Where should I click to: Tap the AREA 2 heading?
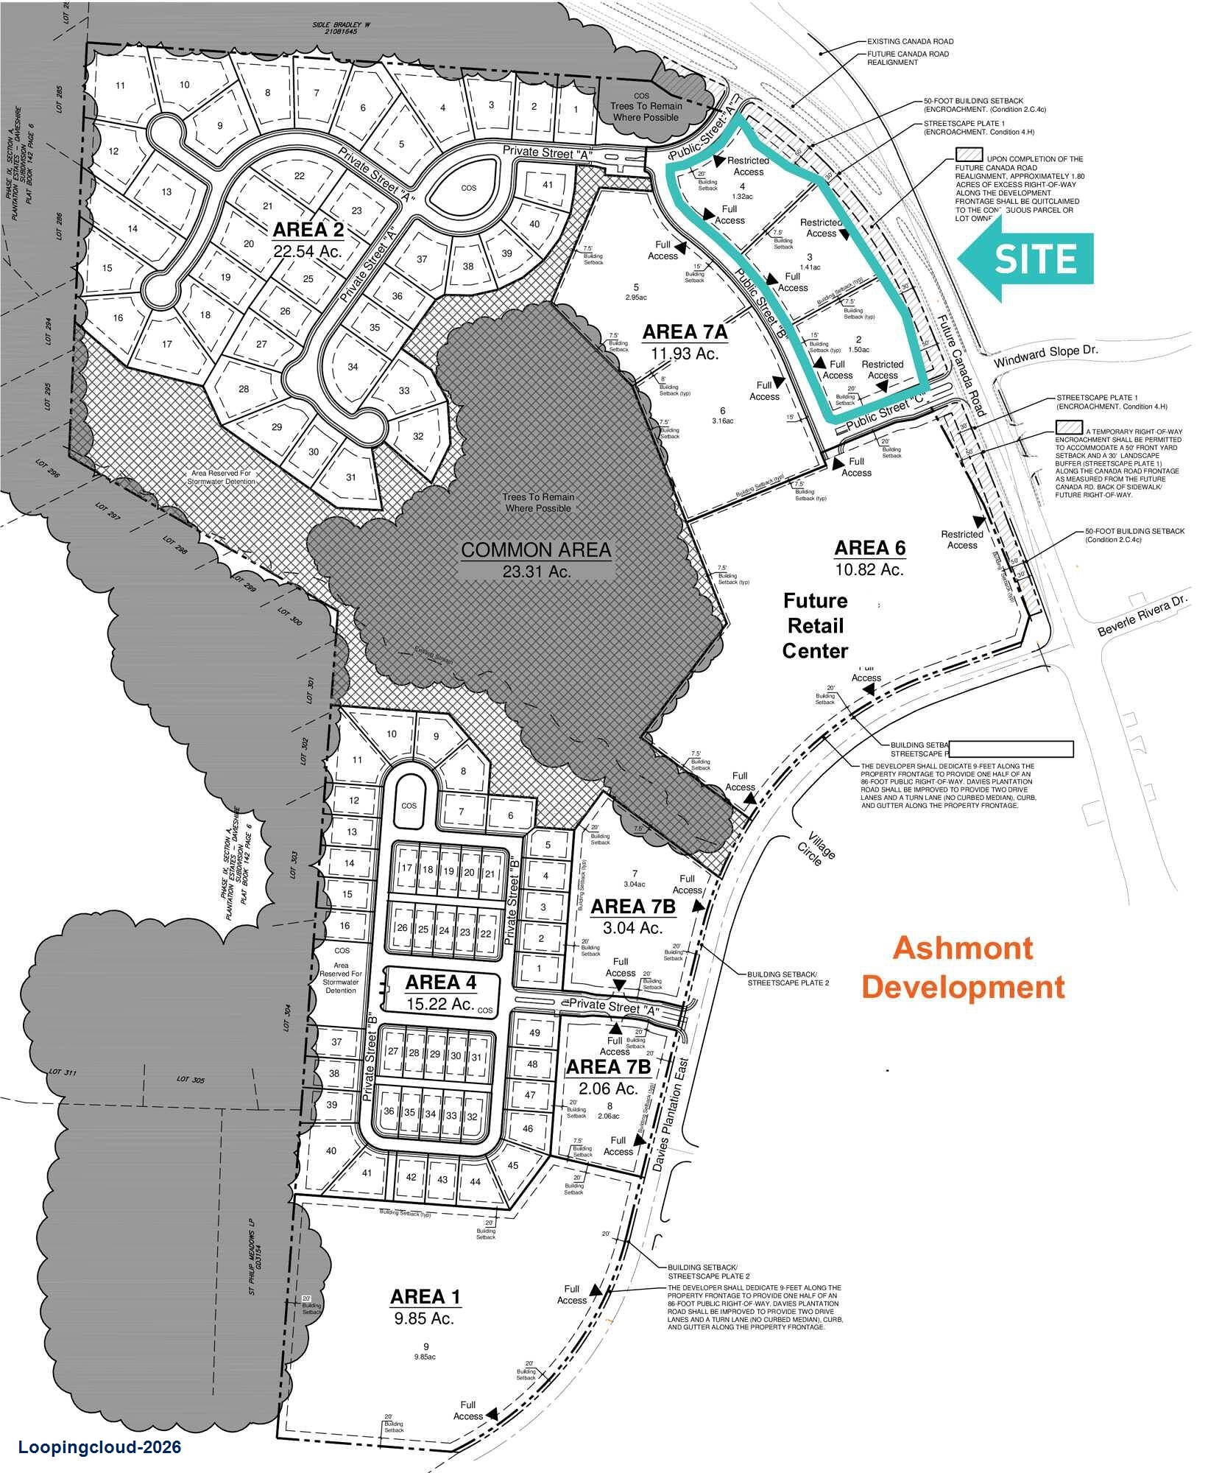coord(308,230)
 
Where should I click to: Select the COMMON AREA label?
coord(536,550)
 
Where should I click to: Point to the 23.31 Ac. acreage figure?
coord(536,571)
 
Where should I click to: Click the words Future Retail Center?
coord(815,626)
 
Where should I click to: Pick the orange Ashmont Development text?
coord(963,967)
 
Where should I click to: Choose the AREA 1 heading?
coord(426,1296)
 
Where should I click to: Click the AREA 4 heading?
coord(440,982)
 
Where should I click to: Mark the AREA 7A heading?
coord(685,332)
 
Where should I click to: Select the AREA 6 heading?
coord(869,548)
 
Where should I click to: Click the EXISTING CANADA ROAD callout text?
coord(910,42)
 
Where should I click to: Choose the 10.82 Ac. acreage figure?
coord(869,569)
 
